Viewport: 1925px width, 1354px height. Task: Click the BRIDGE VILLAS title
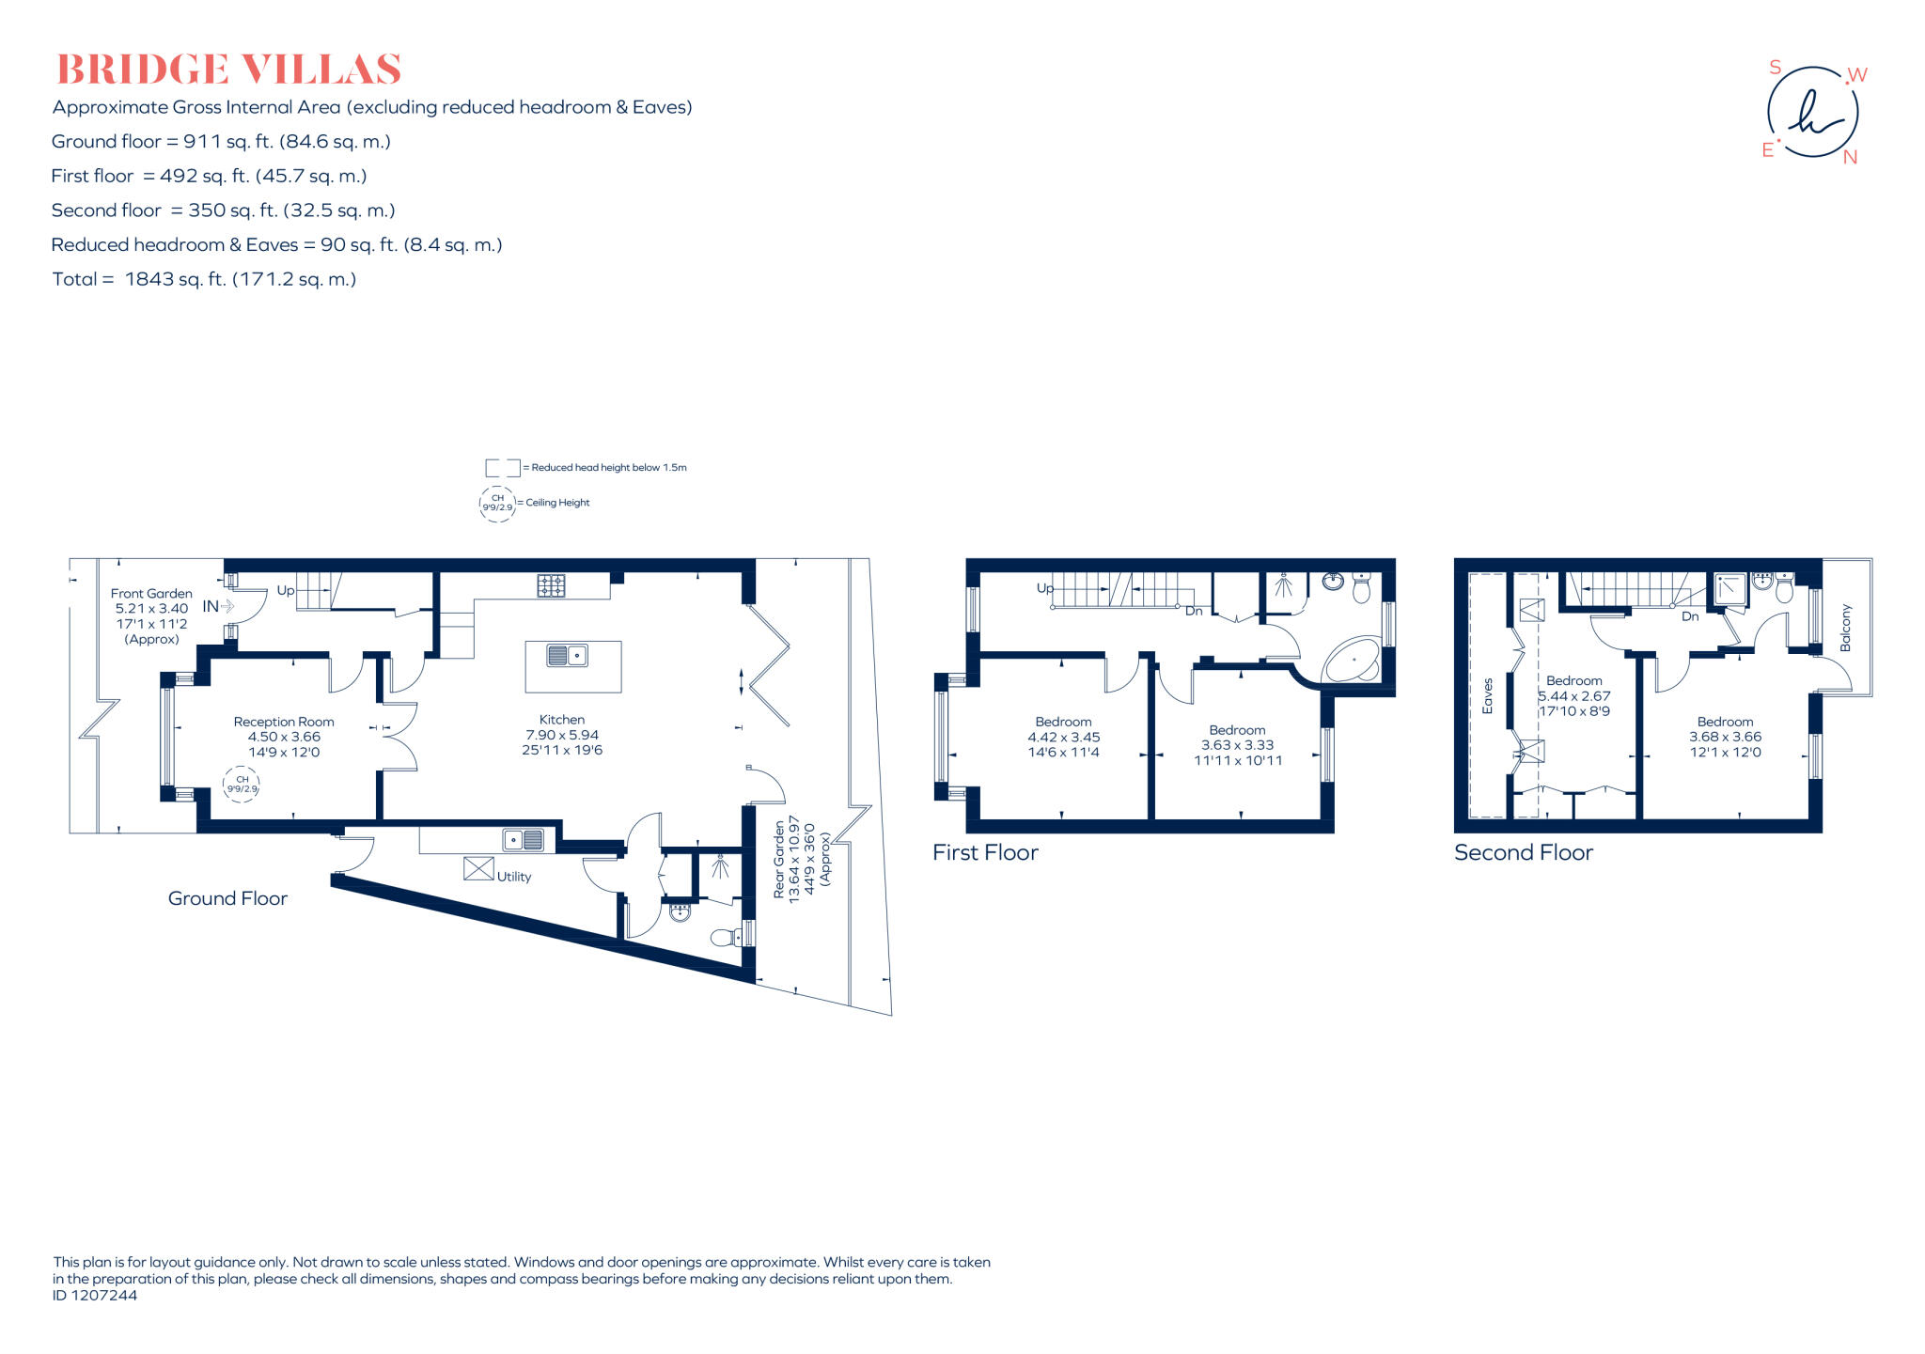(x=228, y=70)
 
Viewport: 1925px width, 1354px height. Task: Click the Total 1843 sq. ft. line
(x=204, y=279)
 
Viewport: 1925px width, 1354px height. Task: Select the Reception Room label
(x=284, y=722)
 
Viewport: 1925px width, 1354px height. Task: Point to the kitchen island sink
(x=567, y=655)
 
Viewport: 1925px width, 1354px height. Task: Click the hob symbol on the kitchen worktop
(x=551, y=586)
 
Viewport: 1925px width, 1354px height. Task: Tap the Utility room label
(x=514, y=877)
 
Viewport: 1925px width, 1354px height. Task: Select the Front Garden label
(x=151, y=593)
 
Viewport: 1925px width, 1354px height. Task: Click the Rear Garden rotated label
(x=779, y=860)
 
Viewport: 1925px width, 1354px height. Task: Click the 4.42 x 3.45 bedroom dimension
(x=1063, y=738)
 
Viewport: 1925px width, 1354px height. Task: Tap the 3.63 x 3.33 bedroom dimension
(x=1237, y=745)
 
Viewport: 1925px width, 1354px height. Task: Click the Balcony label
(x=1845, y=628)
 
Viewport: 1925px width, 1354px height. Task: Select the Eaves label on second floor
(x=1487, y=696)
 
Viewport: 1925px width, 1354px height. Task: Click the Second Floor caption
(x=1523, y=852)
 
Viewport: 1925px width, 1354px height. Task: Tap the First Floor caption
(x=985, y=852)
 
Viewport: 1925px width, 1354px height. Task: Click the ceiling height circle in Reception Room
(x=242, y=784)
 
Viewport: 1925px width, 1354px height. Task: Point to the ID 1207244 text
(x=95, y=1295)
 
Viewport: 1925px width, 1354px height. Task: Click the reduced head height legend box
(x=502, y=467)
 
